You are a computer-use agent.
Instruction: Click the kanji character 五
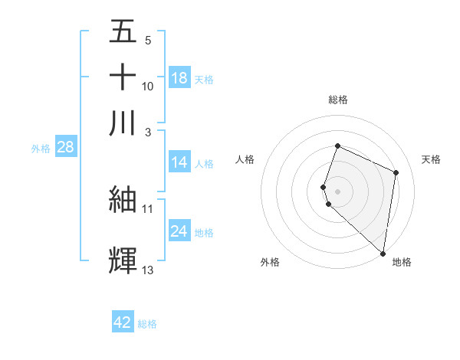pyautogui.click(x=123, y=31)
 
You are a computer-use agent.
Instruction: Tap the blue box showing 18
pyautogui.click(x=179, y=78)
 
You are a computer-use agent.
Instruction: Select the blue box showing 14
pyautogui.click(x=179, y=162)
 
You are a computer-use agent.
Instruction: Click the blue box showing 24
pyautogui.click(x=179, y=231)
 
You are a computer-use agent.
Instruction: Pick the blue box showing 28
pyautogui.click(x=65, y=147)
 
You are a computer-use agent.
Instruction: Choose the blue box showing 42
pyautogui.click(x=123, y=322)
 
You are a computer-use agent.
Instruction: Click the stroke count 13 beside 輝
pyautogui.click(x=148, y=270)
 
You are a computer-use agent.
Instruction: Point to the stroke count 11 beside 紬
pyautogui.click(x=148, y=208)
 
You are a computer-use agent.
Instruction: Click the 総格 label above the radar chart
pyautogui.click(x=338, y=100)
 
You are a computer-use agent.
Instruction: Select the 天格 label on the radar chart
pyautogui.click(x=432, y=159)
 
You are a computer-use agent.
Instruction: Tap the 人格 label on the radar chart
pyautogui.click(x=245, y=159)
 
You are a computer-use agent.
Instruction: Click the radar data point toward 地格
pyautogui.click(x=383, y=254)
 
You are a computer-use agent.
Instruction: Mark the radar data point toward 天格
pyautogui.click(x=396, y=172)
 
